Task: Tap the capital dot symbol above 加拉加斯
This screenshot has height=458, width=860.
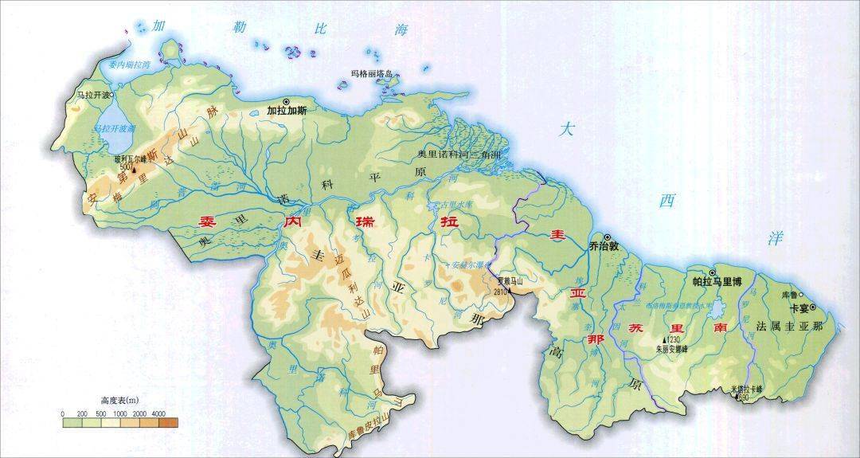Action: (x=286, y=101)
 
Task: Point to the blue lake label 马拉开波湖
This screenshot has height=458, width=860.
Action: (x=114, y=127)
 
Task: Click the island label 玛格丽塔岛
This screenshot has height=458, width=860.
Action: (x=374, y=74)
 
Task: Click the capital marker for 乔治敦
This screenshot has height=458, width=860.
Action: (x=607, y=237)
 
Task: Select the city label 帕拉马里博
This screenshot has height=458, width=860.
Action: (x=716, y=281)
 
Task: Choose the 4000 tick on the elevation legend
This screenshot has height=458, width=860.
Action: (x=159, y=414)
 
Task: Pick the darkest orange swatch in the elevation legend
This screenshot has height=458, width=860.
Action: (x=168, y=423)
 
